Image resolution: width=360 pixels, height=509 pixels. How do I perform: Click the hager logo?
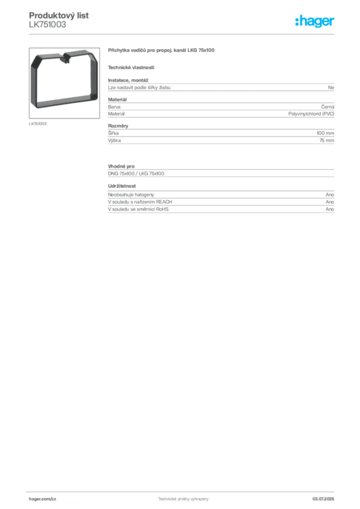point(315,21)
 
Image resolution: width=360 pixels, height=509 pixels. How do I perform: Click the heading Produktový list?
point(59,15)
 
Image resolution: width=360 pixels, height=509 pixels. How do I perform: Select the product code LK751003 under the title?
point(47,25)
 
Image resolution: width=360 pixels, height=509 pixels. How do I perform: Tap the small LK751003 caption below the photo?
point(38,124)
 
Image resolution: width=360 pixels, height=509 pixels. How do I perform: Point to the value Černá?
point(328,107)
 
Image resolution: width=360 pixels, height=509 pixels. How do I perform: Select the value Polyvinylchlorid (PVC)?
point(311,114)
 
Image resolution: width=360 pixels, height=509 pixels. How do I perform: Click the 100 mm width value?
point(325,133)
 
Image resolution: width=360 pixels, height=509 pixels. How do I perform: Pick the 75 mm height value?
point(327,141)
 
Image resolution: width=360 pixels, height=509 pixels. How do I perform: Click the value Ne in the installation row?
point(331,87)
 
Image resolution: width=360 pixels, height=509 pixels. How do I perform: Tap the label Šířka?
point(113,133)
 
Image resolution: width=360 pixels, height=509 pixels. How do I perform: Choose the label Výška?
point(114,141)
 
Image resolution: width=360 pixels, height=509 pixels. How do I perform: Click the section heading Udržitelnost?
point(122,186)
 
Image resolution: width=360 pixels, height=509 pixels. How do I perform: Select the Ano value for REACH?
point(330,202)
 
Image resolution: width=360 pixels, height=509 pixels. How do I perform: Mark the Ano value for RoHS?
point(330,209)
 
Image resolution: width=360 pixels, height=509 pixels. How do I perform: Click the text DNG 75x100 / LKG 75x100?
point(136,173)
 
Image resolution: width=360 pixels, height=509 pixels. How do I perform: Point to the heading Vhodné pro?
point(121,166)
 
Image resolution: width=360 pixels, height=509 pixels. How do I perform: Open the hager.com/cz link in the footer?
point(43,499)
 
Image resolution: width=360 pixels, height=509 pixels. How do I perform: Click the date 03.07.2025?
point(323,499)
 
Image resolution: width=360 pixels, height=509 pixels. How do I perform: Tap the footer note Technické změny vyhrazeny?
point(183,499)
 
